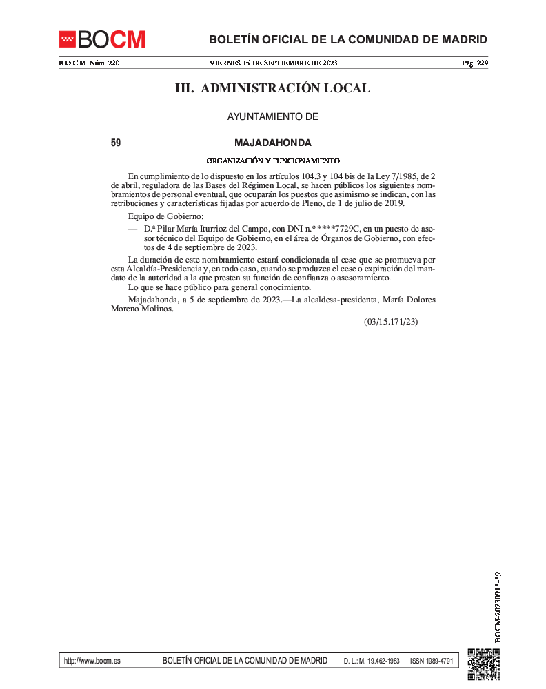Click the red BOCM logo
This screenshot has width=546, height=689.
pos(102,39)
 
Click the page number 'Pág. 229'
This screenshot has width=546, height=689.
pos(474,63)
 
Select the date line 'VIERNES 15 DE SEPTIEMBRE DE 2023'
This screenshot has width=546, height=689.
pos(273,63)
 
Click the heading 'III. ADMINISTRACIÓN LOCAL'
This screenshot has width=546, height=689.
pos(273,88)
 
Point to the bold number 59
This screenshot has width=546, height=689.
pos(116,143)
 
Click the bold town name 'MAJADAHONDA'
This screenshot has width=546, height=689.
pos(273,143)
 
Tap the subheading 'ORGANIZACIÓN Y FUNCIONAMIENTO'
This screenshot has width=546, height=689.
pos(273,161)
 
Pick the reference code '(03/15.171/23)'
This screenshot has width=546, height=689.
pos(391,322)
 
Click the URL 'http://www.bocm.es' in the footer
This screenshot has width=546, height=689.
pos(92,661)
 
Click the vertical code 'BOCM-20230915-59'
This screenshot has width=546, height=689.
pos(498,607)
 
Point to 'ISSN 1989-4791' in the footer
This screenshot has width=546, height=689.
pos(431,661)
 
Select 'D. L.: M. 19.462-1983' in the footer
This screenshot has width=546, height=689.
pos(372,661)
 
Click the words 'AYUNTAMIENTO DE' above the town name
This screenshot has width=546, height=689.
pos(273,117)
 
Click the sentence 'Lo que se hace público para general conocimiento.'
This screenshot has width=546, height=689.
pos(219,287)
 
